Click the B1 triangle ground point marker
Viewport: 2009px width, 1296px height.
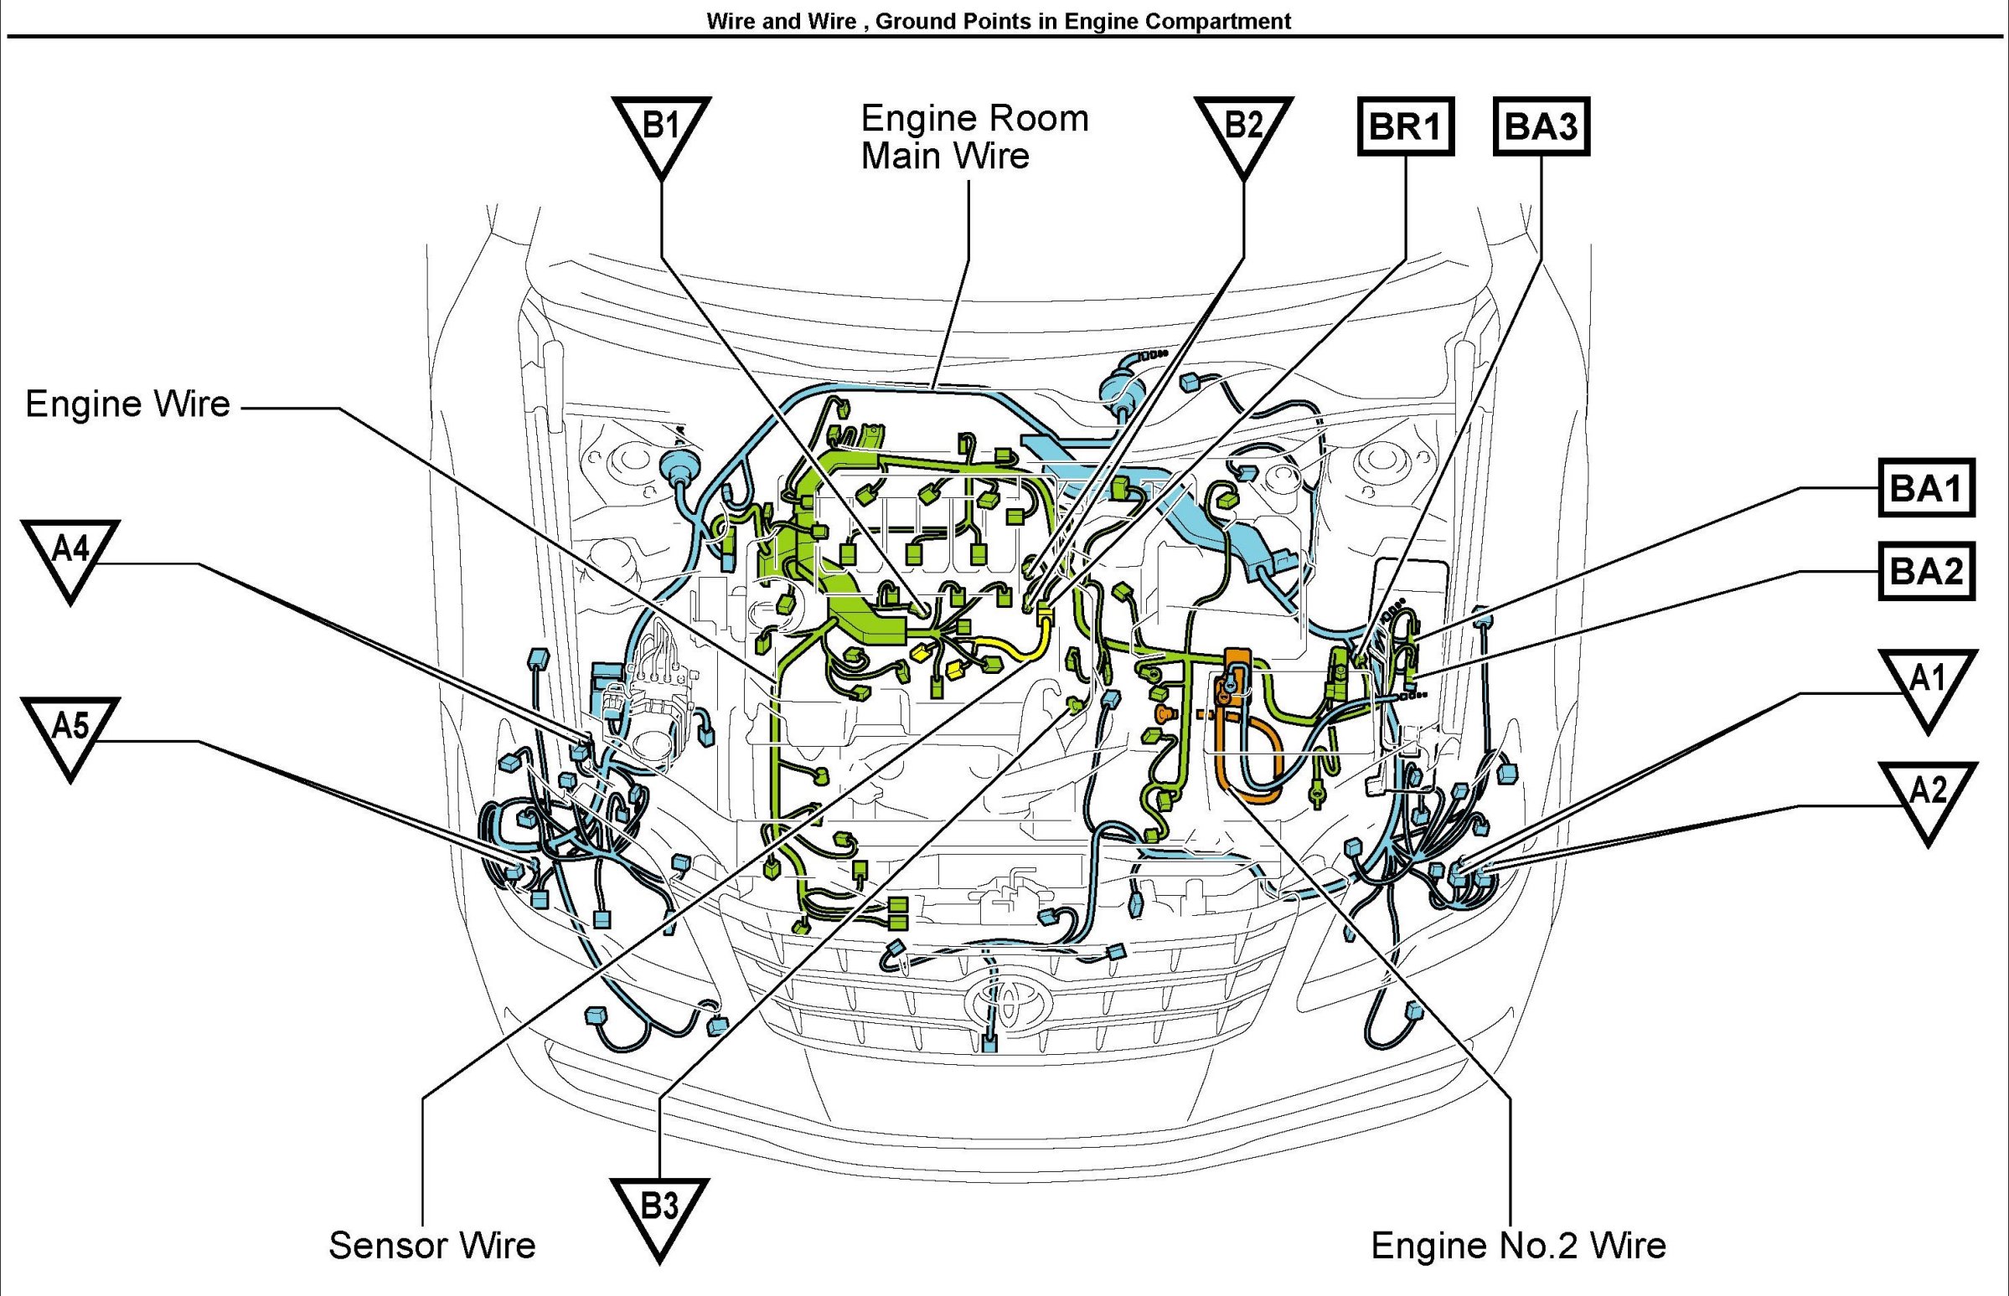pos(661,131)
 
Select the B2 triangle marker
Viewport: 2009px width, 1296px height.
pos(1242,131)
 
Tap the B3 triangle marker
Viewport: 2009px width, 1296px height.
pos(659,1212)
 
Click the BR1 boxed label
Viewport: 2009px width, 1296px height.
pos(1405,127)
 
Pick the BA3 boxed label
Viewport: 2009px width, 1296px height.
pos(1541,127)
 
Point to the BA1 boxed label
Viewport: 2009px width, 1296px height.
pos(1927,488)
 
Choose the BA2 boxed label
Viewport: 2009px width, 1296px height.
pos(1927,572)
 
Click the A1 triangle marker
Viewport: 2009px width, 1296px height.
pos(1928,682)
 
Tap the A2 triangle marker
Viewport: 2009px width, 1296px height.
pos(1928,795)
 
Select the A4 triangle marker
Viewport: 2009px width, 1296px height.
pos(70,553)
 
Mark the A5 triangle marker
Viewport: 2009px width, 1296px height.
pos(70,731)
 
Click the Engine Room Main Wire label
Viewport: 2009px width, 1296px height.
pos(974,137)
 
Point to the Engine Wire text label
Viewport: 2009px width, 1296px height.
pos(128,404)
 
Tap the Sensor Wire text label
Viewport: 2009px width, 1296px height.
pos(432,1246)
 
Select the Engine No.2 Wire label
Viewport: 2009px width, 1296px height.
pos(1518,1246)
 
